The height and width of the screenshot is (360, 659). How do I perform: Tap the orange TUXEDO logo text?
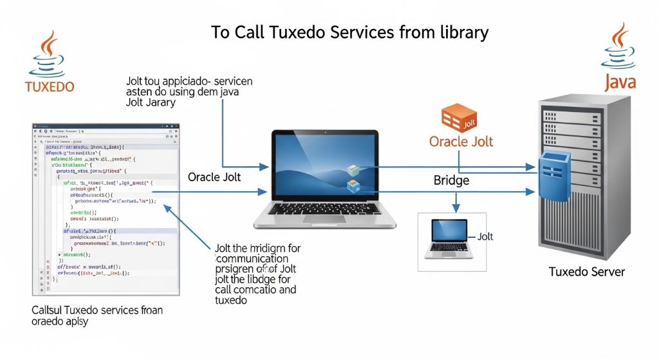tap(49, 86)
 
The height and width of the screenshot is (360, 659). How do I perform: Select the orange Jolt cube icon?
tap(458, 118)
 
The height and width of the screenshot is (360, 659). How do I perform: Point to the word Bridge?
tap(452, 181)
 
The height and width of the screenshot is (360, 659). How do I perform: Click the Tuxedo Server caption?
tap(586, 272)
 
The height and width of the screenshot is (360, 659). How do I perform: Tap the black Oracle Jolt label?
tap(214, 176)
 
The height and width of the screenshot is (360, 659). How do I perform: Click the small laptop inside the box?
tap(449, 238)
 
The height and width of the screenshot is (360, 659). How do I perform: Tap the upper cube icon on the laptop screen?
tap(353, 170)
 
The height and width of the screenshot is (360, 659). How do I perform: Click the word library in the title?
tap(462, 33)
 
